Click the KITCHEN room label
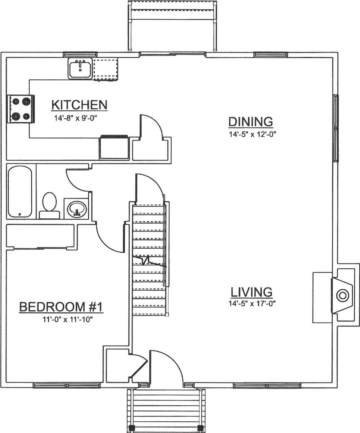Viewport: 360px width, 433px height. [79, 105]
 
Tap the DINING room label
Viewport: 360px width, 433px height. [251, 122]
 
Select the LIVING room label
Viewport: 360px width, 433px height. [251, 292]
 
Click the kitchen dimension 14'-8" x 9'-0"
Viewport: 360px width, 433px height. [76, 118]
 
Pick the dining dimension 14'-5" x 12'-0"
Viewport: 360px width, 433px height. [251, 134]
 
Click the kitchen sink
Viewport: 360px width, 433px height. [80, 69]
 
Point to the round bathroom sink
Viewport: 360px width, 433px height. [76, 209]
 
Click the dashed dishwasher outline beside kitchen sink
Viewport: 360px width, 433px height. [106, 70]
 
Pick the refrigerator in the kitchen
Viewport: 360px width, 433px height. [114, 148]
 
